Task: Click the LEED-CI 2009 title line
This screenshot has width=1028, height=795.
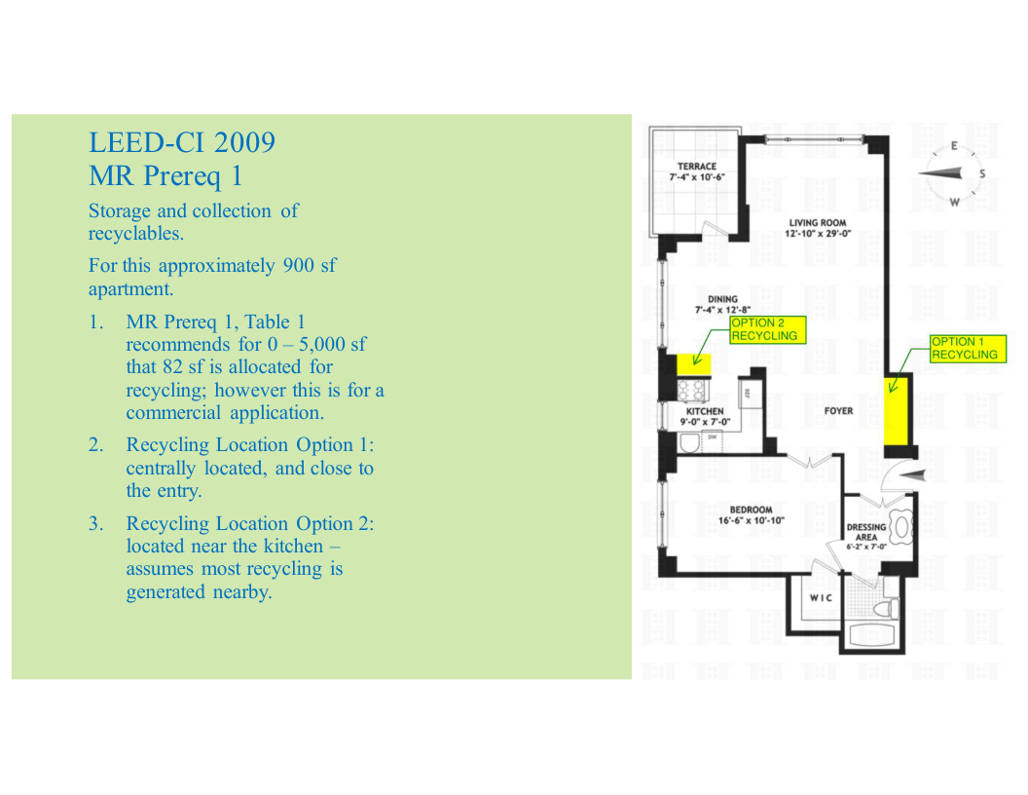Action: [182, 142]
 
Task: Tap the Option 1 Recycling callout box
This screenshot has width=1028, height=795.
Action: [969, 349]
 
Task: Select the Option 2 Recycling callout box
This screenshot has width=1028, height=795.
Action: [768, 329]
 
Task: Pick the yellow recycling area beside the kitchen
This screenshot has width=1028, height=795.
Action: [694, 363]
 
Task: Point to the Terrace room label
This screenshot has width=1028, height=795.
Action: [697, 171]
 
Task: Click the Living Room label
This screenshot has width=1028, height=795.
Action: [818, 228]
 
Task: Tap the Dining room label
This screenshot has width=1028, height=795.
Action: [722, 304]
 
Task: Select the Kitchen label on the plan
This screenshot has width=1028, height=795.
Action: [705, 416]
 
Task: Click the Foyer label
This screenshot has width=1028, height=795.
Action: [838, 410]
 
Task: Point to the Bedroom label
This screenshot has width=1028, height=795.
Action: [751, 515]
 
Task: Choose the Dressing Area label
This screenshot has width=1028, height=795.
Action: [866, 536]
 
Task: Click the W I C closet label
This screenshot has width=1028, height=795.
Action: [821, 597]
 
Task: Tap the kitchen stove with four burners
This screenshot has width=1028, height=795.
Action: [692, 391]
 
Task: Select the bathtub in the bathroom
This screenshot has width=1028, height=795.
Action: [872, 635]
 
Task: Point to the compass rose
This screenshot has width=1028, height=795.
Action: [952, 173]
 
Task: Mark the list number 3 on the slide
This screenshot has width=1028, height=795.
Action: [96, 523]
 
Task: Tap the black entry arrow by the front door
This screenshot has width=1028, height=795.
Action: [913, 474]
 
